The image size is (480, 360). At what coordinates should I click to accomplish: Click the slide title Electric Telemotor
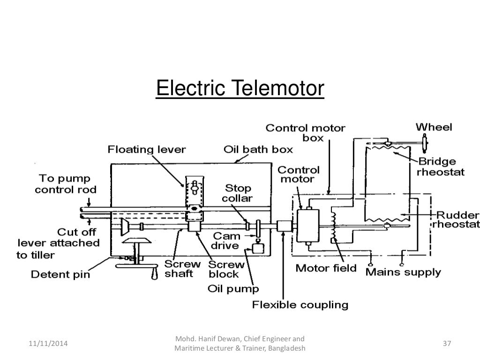point(240,89)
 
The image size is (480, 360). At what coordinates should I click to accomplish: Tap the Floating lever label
point(147,150)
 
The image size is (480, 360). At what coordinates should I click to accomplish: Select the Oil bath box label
point(258,150)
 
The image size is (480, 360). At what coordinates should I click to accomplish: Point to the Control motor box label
point(306,133)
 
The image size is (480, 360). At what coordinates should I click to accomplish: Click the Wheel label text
point(434,127)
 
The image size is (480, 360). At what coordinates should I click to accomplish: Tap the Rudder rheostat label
point(457,219)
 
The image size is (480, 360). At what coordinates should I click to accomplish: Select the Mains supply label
point(403,271)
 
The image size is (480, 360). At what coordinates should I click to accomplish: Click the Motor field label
point(326,269)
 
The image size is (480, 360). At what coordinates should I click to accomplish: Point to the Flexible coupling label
point(300,305)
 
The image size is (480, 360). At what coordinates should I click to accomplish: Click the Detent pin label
point(60,273)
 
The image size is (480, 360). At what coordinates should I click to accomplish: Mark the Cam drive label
point(226,240)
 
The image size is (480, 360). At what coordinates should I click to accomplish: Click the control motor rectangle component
point(307,225)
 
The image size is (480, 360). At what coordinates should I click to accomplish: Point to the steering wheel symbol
point(425,142)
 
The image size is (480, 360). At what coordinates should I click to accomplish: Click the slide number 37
point(447,344)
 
